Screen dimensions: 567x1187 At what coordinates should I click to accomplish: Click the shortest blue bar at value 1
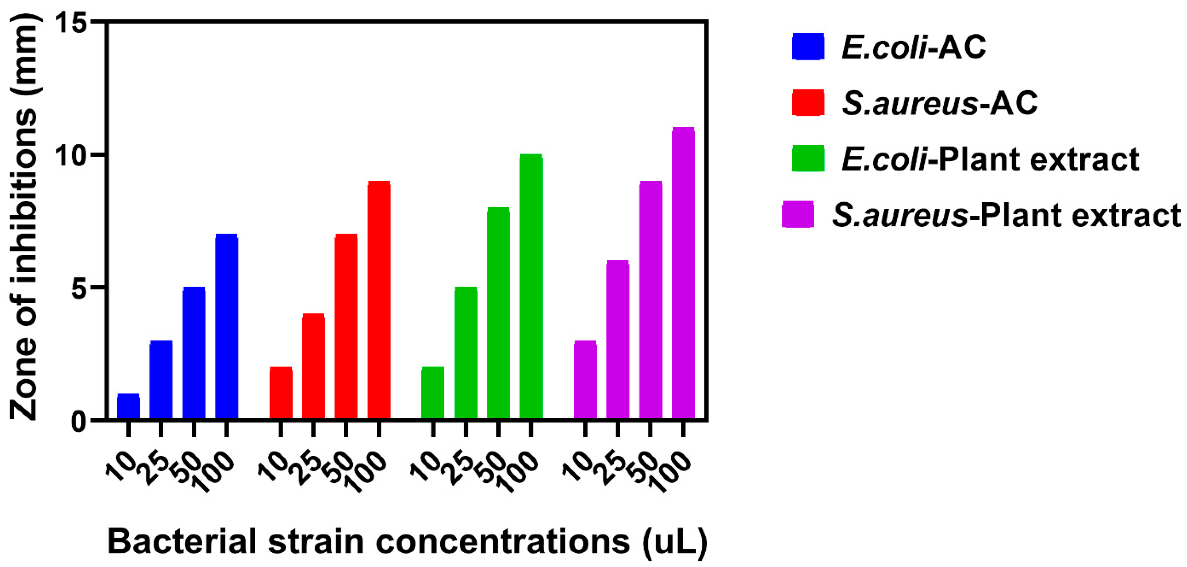tap(128, 406)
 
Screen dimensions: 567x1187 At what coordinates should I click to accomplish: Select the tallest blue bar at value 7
tap(226, 327)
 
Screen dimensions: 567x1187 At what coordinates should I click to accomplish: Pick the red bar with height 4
tap(313, 366)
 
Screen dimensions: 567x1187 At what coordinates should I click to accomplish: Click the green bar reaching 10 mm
tap(531, 287)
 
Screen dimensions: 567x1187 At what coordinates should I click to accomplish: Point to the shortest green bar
tap(433, 393)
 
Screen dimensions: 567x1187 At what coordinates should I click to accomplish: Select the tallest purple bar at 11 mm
tap(683, 273)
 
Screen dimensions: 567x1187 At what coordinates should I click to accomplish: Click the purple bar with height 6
tap(618, 340)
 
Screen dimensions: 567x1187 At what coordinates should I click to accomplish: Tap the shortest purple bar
tap(585, 380)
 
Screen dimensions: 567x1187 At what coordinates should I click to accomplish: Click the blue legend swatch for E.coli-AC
tap(808, 47)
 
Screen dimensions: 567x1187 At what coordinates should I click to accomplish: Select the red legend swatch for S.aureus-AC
tap(808, 103)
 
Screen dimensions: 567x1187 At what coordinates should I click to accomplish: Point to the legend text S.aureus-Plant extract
tap(1007, 215)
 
